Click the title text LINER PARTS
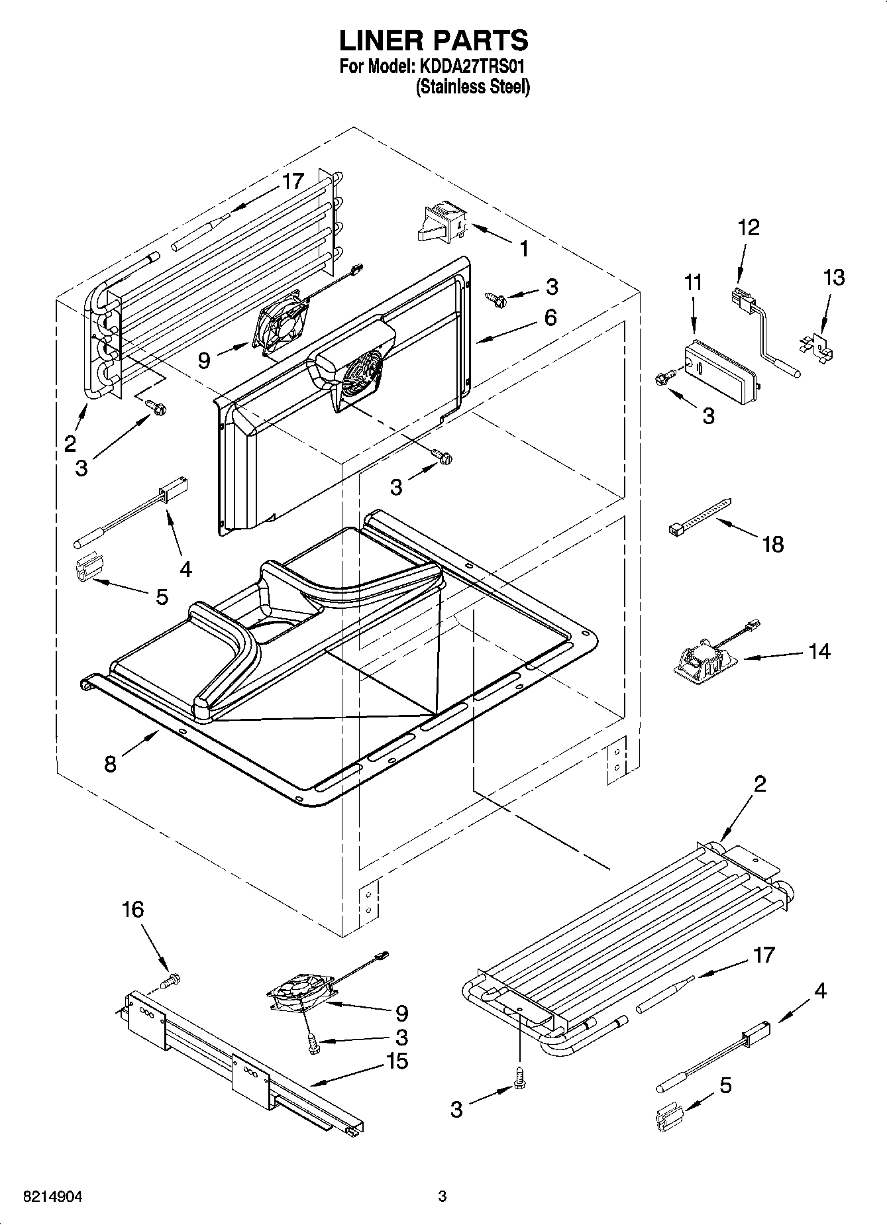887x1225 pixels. [434, 41]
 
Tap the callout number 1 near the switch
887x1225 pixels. [523, 249]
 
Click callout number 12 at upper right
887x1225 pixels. [749, 227]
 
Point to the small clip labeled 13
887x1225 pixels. [817, 346]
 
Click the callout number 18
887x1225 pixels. [773, 544]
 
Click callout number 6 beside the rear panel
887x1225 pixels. [550, 317]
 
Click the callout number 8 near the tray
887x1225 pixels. [111, 763]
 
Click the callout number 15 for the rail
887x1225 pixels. [397, 1061]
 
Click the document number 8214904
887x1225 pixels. [52, 1196]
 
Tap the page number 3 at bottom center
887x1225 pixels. [442, 1196]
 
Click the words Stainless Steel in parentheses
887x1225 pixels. [473, 87]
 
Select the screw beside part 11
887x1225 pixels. [664, 378]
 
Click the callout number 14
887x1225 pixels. [819, 651]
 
